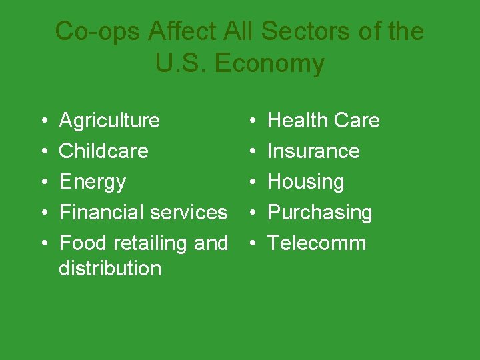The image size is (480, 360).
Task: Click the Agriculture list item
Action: pyautogui.click(x=109, y=121)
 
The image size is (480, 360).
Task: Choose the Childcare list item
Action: pyautogui.click(x=103, y=151)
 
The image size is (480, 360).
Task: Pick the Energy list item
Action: pyautogui.click(x=92, y=181)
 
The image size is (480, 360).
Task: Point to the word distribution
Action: pyautogui.click(x=110, y=268)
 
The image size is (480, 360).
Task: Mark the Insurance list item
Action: pyautogui.click(x=313, y=151)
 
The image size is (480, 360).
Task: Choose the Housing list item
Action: pyautogui.click(x=305, y=181)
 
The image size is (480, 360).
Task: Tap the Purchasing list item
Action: pyautogui.click(x=319, y=212)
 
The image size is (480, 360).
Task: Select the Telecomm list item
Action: pyautogui.click(x=317, y=243)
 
